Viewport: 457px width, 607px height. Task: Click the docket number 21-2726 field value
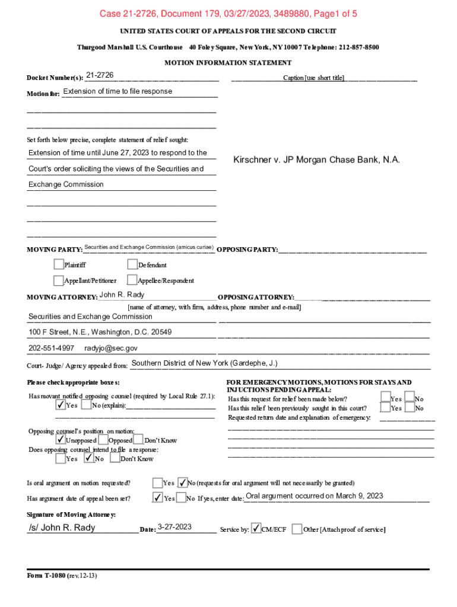tap(100, 75)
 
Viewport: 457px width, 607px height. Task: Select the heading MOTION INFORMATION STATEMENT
tap(228, 62)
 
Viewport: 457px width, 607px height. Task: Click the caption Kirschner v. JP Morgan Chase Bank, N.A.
tap(316, 160)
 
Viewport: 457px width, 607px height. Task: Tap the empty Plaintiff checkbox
tap(58, 264)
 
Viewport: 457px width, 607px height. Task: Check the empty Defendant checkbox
tap(132, 264)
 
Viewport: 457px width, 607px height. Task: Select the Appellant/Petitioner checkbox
tap(58, 280)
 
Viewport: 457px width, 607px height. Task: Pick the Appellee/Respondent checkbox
tap(132, 280)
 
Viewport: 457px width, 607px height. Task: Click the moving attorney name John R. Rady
tap(122, 295)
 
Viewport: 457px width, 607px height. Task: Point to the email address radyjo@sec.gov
tap(111, 348)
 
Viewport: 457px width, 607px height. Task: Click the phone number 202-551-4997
tap(52, 348)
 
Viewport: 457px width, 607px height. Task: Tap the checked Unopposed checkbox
tap(61, 440)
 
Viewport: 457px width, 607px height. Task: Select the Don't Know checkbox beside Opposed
tap(139, 440)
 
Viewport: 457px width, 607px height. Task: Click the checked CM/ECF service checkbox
tap(256, 528)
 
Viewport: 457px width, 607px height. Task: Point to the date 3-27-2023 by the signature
tap(174, 527)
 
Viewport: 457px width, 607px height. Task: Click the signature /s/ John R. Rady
tap(62, 528)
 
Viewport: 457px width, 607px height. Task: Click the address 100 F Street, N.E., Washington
tap(100, 332)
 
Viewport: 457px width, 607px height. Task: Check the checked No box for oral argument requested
tap(183, 482)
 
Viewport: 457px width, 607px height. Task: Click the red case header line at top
tap(228, 14)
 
